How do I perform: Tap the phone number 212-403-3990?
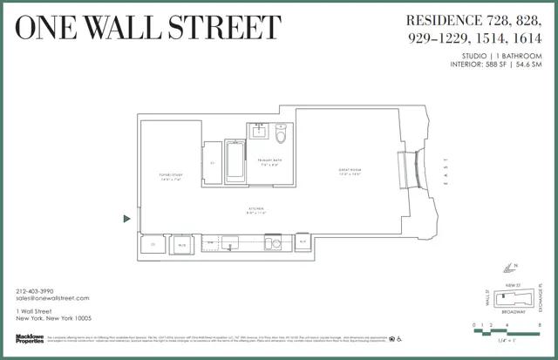click(36, 290)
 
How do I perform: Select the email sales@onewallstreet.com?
click(53, 299)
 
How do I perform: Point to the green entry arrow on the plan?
click(127, 219)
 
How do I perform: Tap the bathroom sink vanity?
click(260, 132)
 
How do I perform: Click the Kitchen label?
click(256, 210)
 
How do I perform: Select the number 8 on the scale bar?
click(541, 324)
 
